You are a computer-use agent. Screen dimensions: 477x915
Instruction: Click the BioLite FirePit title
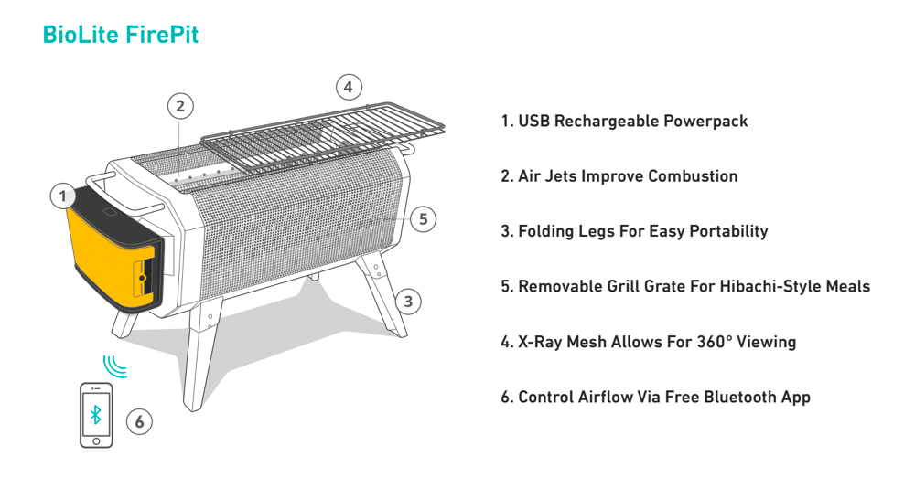[120, 35]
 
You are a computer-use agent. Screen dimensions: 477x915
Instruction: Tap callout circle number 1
[63, 196]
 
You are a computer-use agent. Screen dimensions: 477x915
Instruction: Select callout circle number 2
[180, 106]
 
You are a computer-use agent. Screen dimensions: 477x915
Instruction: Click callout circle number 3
[408, 301]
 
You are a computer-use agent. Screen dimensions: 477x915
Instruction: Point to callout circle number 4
[347, 88]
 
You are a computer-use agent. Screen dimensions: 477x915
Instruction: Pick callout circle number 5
[422, 219]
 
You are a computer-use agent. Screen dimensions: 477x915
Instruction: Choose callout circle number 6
[139, 421]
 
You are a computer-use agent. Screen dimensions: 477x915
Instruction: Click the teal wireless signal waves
[114, 366]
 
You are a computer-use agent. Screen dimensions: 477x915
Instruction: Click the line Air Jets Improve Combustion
[619, 176]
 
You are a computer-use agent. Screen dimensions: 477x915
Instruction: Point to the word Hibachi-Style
[767, 286]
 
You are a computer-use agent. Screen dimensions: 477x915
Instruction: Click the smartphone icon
[96, 415]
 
